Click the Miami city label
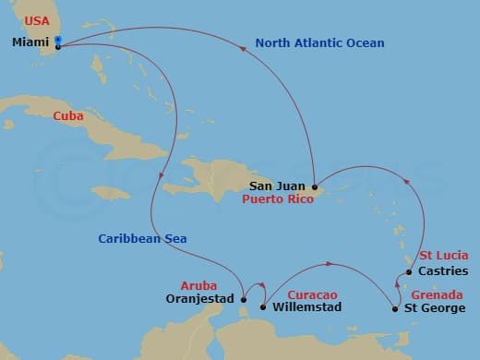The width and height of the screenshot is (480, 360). [x=30, y=42]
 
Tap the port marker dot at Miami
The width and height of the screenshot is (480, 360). [x=58, y=42]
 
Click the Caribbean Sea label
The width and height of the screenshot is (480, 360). [x=143, y=239]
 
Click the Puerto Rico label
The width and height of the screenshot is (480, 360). [x=278, y=198]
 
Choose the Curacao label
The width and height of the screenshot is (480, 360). [x=294, y=294]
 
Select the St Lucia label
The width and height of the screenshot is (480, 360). [x=444, y=256]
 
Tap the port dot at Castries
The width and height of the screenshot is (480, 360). [x=409, y=272]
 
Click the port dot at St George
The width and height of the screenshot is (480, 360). [x=396, y=307]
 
